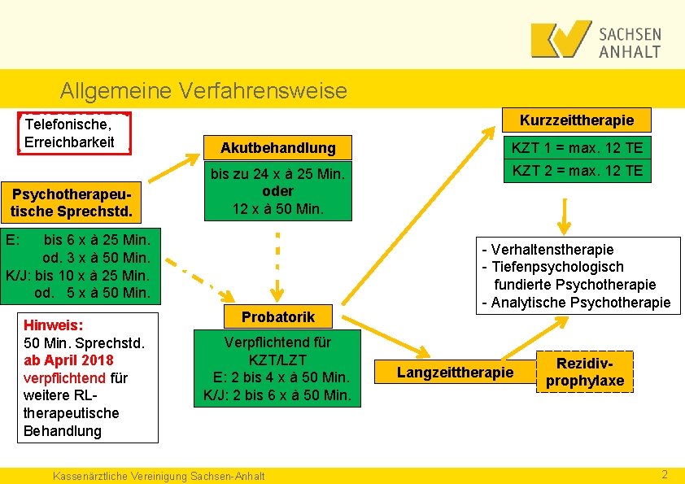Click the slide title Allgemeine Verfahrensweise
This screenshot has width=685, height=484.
203,90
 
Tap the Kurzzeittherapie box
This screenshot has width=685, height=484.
576,120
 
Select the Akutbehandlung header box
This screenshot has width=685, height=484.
278,147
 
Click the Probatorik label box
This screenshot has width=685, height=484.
277,316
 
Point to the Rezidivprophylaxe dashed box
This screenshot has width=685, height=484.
585,372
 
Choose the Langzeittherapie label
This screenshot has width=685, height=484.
455,372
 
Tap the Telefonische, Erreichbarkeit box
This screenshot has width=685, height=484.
74,133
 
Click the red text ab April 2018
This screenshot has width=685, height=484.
69,360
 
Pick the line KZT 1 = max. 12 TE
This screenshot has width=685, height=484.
576,147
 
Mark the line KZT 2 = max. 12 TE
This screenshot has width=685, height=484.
576,170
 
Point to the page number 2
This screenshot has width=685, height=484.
665,474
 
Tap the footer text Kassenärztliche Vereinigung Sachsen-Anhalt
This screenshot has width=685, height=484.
158,475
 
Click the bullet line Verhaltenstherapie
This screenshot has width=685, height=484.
548,249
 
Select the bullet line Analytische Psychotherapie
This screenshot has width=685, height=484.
576,303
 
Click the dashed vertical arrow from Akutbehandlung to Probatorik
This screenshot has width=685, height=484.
277,264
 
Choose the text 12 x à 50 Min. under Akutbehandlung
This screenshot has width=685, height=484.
278,208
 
